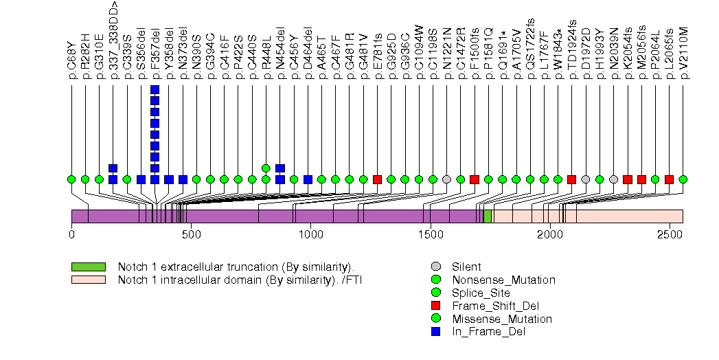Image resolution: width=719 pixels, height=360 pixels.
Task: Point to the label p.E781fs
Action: (378, 51)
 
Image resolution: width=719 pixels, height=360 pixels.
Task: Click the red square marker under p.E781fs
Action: (377, 179)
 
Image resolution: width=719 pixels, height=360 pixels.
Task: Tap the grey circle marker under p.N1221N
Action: (447, 179)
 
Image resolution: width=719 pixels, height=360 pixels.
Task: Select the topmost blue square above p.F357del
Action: (155, 90)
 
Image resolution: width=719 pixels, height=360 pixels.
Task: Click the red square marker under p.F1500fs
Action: (475, 179)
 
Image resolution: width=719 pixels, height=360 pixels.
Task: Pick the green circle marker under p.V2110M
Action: (683, 179)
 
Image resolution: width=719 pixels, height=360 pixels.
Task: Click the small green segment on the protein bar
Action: (488, 216)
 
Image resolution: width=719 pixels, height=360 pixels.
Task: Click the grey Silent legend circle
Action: (435, 267)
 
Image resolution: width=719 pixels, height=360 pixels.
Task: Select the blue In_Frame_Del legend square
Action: (435, 332)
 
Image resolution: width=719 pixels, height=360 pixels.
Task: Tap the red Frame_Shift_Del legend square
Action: (435, 306)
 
